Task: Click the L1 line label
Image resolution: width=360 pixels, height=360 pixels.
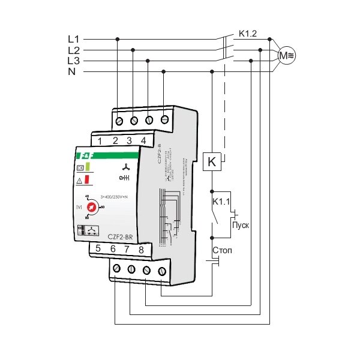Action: (x=73, y=39)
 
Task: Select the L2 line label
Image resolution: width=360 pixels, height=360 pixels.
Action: (x=73, y=50)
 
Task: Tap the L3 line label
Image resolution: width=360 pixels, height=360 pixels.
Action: (x=73, y=61)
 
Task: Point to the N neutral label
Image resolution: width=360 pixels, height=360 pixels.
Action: (x=72, y=71)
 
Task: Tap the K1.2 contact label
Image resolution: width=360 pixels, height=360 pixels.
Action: (x=247, y=34)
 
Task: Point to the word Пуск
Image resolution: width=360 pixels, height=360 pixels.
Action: (x=240, y=225)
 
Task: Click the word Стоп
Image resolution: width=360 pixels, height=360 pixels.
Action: (x=221, y=248)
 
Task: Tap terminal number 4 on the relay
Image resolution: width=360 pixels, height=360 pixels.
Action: (x=143, y=141)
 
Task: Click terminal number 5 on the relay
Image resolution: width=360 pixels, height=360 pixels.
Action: (x=98, y=248)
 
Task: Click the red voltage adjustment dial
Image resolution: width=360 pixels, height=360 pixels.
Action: (x=92, y=208)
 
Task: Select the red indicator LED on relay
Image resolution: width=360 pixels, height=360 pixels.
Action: (x=88, y=179)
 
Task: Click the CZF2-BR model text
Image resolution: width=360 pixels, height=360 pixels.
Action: (x=120, y=236)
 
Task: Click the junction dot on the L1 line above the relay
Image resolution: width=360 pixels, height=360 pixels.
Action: (x=117, y=39)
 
